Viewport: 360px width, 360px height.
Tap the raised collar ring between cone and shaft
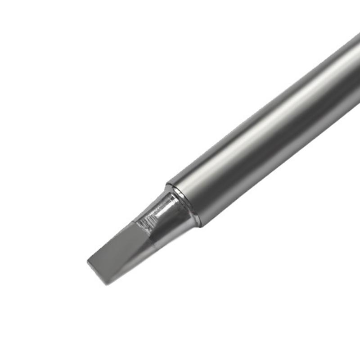[x=184, y=205]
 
